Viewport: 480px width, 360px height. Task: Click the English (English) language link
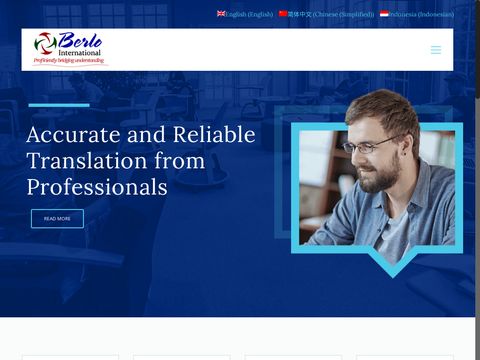coord(249,15)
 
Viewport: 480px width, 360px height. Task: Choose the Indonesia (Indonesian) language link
coord(421,15)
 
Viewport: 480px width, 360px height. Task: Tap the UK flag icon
coord(221,14)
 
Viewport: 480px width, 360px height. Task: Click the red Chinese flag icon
coord(283,14)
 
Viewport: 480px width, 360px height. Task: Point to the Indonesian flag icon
coord(384,14)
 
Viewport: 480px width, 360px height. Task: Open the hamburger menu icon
coord(436,50)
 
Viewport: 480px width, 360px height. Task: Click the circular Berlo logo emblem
coord(45,44)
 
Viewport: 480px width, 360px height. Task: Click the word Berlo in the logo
coord(80,40)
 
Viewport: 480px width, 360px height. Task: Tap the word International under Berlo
coord(80,52)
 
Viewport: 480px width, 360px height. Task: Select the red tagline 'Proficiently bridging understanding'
coord(69,61)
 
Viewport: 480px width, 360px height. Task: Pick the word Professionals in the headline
coord(96,186)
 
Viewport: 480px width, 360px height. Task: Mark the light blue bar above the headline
coord(59,105)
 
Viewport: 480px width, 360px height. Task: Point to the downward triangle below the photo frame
coord(391,264)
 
